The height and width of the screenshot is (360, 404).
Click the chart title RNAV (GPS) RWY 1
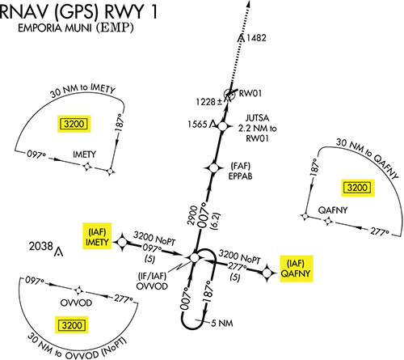[x=78, y=11]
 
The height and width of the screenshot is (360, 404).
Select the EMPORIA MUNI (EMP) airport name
[x=76, y=28]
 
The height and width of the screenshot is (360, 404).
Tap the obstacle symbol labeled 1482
[x=242, y=39]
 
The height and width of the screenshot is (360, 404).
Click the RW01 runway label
[x=250, y=93]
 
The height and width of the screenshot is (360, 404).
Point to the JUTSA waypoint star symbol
[x=222, y=126]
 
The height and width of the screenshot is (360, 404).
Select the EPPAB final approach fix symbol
[x=214, y=168]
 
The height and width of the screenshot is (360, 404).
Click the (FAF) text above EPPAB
[x=241, y=166]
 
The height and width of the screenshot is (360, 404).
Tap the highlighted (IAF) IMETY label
[x=97, y=236]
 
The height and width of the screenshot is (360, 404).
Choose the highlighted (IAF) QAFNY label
[x=297, y=269]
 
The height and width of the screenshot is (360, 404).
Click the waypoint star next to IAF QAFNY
[x=267, y=273]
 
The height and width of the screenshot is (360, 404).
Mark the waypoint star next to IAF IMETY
[x=122, y=242]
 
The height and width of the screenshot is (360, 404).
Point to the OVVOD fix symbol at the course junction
[x=195, y=257]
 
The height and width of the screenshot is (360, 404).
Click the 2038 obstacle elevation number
[x=41, y=246]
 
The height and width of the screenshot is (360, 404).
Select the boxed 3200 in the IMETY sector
[x=74, y=124]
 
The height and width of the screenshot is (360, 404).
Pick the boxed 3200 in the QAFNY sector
[x=357, y=188]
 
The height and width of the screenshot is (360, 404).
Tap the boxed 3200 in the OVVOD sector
[x=72, y=325]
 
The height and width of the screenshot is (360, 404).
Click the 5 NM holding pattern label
[x=222, y=323]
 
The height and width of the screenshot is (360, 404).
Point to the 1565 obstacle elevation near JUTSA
[x=197, y=125]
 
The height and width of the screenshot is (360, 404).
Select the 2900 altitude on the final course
[x=193, y=215]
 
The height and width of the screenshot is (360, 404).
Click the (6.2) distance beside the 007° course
[x=217, y=222]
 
